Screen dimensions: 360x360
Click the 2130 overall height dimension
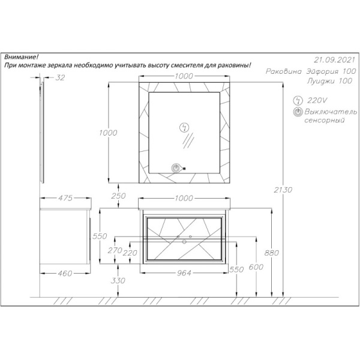pos(283,190)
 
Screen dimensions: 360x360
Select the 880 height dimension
pos(272,253)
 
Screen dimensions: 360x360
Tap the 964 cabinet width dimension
pos(184,273)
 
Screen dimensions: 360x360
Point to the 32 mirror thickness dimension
pos(60,77)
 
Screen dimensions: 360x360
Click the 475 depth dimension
pos(65,198)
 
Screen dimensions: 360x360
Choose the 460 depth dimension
pos(65,273)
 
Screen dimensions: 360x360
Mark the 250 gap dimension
pos(118,196)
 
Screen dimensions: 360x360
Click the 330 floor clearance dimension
pos(118,280)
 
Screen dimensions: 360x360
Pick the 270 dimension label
pos(115,250)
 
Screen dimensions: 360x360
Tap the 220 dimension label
pos(130,253)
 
